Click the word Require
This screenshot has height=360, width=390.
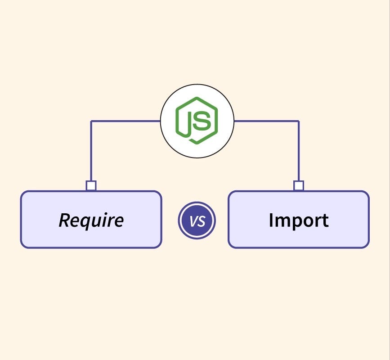[91, 220]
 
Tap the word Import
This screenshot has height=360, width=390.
[298, 220]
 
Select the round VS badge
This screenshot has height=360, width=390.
[197, 221]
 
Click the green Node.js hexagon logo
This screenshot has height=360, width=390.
[197, 120]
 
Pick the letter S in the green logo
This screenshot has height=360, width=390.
[203, 120]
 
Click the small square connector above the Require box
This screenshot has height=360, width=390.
[91, 185]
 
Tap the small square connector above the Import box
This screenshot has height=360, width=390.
[299, 185]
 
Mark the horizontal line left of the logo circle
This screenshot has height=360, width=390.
[126, 121]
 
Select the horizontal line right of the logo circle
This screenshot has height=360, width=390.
[266, 121]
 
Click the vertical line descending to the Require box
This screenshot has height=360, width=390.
[91, 151]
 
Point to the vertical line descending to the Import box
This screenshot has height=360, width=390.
[299, 151]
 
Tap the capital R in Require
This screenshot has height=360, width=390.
[65, 220]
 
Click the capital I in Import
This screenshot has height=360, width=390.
[271, 220]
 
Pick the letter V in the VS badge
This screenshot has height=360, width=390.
[193, 221]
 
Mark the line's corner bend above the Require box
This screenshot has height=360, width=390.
[91, 121]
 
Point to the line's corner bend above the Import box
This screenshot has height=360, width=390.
[299, 121]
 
